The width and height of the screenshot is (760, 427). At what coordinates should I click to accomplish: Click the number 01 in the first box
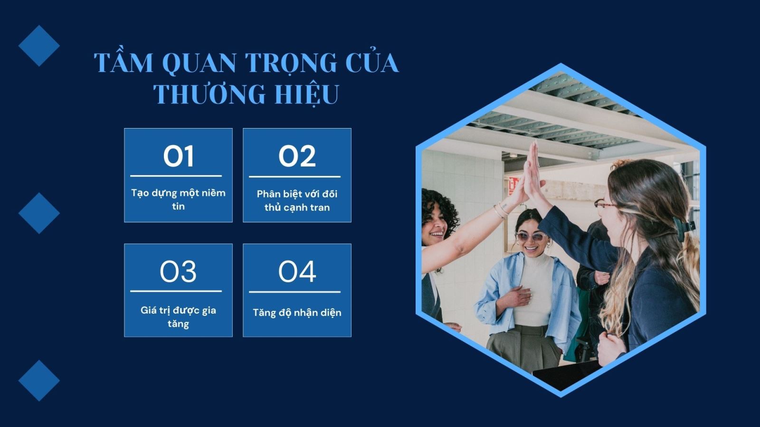point(179,156)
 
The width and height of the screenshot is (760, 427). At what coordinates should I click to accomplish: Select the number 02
point(297,156)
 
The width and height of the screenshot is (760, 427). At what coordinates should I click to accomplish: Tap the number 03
point(178,271)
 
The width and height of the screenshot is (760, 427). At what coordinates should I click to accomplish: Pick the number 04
point(297,271)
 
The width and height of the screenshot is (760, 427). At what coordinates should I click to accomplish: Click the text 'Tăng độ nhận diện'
point(297,313)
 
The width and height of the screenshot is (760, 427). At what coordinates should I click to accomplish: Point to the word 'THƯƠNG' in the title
point(209,93)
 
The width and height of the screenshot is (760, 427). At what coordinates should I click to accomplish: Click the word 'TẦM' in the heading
point(123,62)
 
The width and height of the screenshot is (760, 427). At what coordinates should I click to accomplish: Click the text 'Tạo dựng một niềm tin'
point(179,200)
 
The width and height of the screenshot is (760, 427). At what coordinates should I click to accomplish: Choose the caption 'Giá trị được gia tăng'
point(179,317)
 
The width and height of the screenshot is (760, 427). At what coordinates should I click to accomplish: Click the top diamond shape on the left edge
point(39,46)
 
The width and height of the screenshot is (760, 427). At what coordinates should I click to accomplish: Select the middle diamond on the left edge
point(39,213)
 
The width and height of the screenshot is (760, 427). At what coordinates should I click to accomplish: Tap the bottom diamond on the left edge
point(39,380)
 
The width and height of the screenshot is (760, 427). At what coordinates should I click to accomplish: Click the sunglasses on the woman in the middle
point(532,237)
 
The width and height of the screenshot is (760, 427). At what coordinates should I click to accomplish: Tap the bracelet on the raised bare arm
point(501,209)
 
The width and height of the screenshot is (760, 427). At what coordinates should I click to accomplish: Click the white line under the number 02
point(295,176)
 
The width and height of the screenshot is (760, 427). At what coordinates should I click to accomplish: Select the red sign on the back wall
point(513,186)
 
